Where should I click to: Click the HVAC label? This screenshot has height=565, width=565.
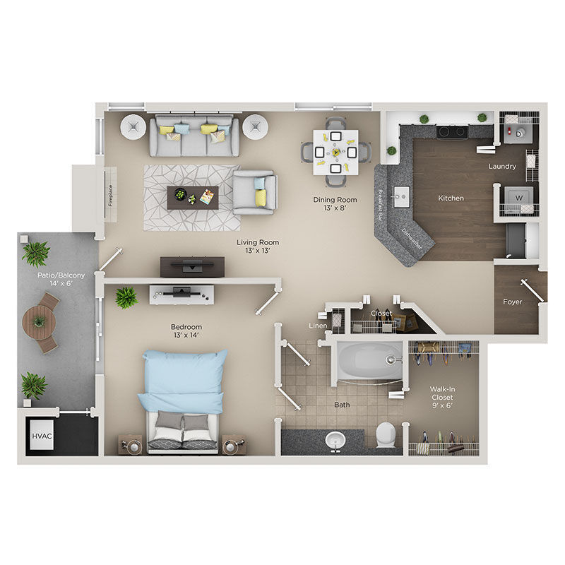click(37, 436)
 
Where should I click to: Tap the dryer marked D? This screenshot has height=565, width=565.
click(518, 131)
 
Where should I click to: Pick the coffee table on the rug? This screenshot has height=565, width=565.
click(193, 196)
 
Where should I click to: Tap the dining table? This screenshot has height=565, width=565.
click(336, 151)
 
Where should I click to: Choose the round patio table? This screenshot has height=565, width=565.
click(39, 322)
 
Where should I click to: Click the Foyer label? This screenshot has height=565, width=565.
click(513, 302)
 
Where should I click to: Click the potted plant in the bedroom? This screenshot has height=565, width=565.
click(126, 297)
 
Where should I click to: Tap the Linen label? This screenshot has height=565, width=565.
click(318, 326)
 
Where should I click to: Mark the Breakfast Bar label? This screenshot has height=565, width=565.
click(381, 204)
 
